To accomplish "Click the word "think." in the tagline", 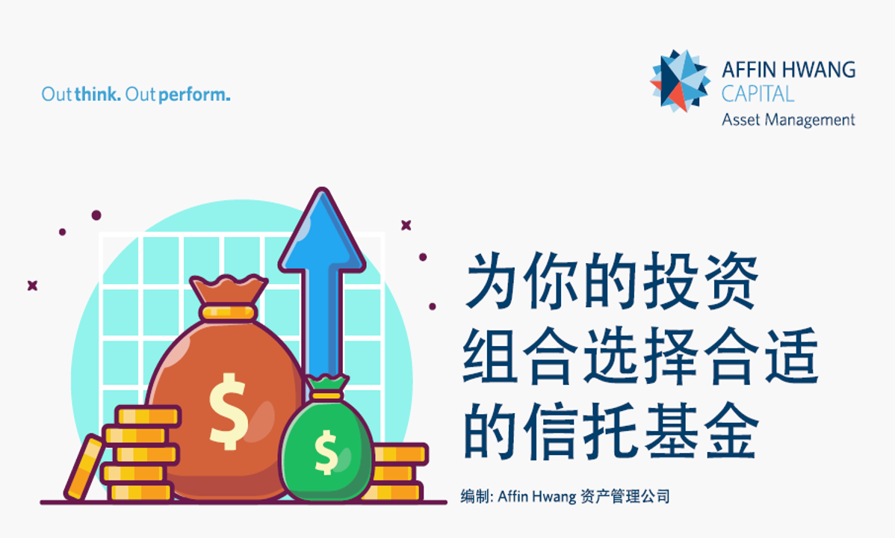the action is point(98,94).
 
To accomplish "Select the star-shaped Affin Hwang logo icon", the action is point(681,81).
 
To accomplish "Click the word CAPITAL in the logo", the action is point(758,93).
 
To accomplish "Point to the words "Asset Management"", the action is point(788,120).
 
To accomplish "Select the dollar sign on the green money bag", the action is point(326,452).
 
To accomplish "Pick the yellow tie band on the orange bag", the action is point(229,312).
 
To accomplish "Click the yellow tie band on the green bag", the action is point(326,395).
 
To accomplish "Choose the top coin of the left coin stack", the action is point(149,415).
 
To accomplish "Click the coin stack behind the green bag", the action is point(397,472).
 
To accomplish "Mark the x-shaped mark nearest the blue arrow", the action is point(406,225).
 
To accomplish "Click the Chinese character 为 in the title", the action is point(492,280).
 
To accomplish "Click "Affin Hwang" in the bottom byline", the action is point(536,496).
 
